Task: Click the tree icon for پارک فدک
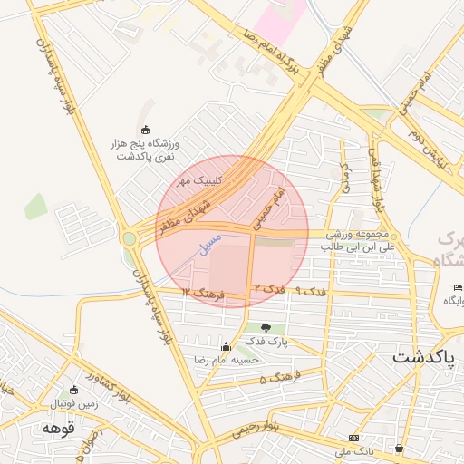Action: point(266,328)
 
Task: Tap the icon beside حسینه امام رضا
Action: point(226,345)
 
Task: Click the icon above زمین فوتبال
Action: point(73,390)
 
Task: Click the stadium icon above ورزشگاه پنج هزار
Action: point(147,129)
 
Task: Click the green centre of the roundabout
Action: point(130,238)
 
